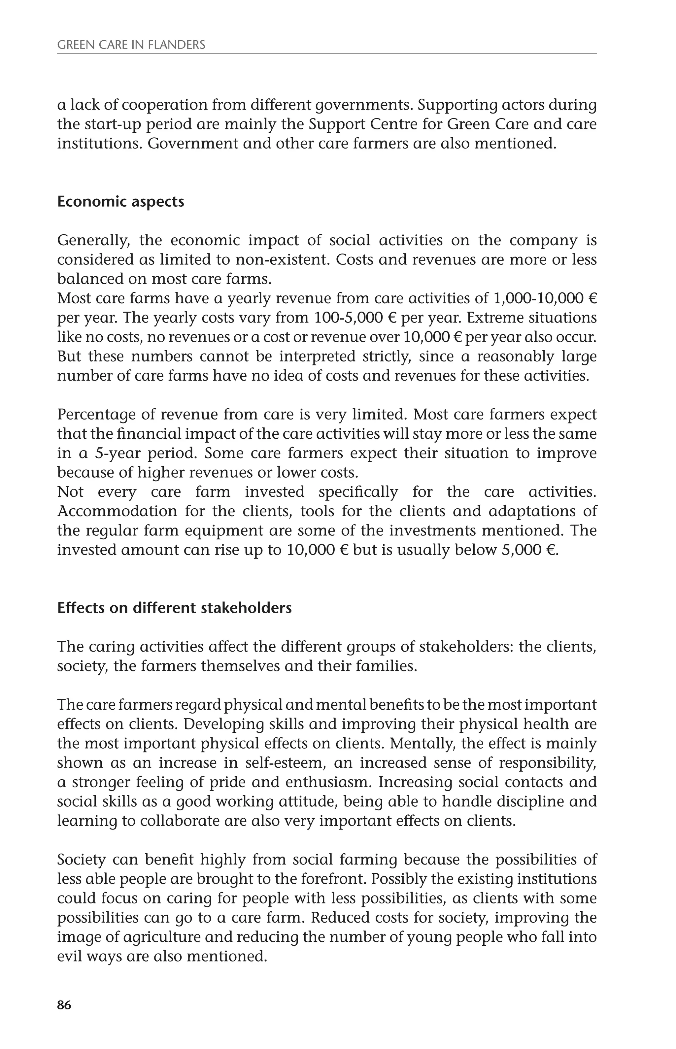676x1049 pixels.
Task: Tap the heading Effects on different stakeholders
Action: coord(174,608)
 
